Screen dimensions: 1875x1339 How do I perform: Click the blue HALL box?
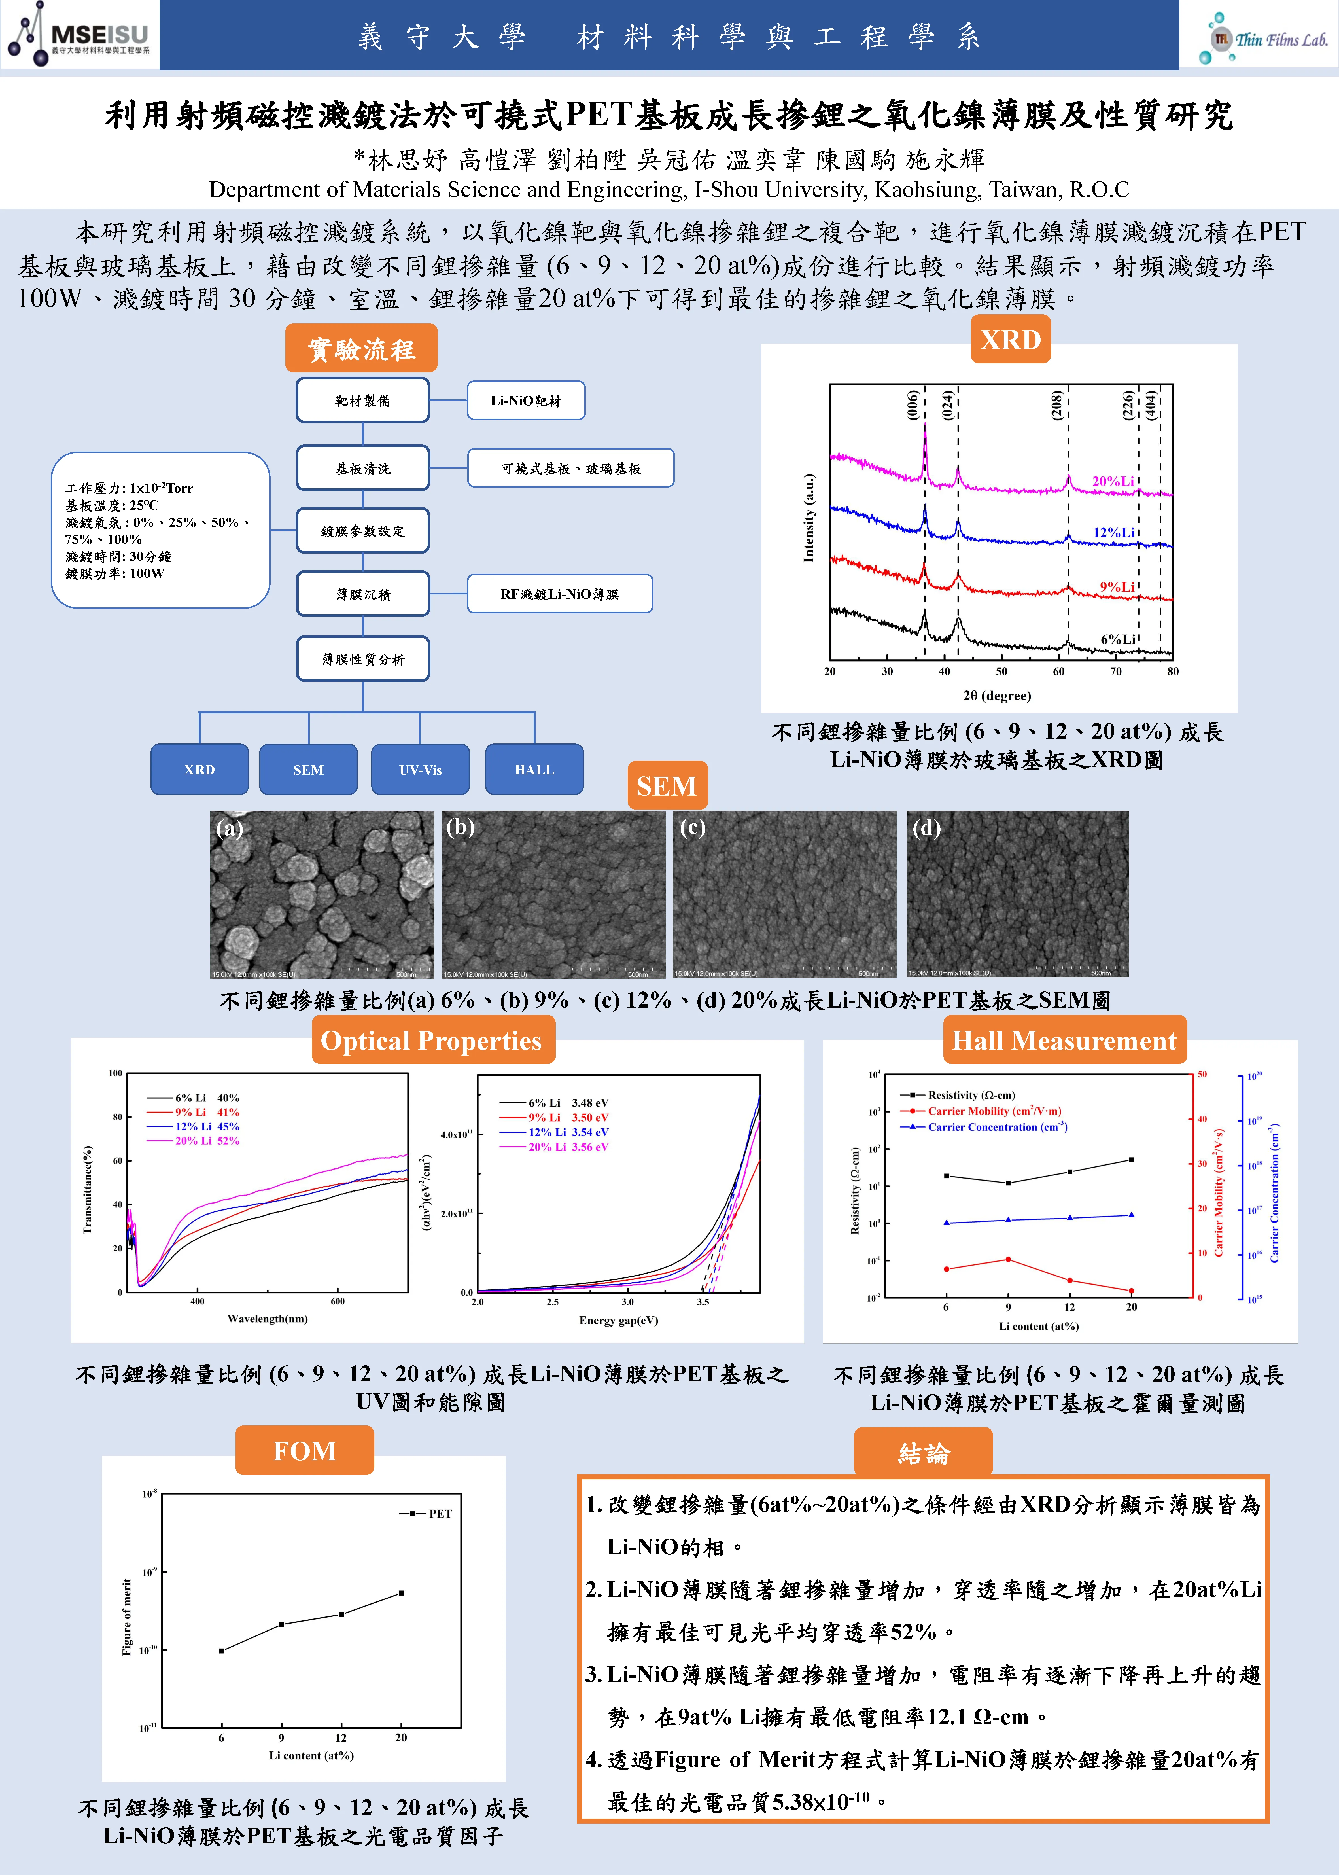[x=534, y=769]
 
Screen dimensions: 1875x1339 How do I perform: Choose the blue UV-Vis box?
[x=421, y=769]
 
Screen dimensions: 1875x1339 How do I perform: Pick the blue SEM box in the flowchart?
[x=308, y=769]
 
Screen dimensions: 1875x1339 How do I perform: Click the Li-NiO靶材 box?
[x=526, y=401]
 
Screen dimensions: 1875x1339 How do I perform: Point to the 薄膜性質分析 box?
[x=363, y=659]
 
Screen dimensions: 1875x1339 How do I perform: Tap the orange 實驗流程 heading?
[x=361, y=349]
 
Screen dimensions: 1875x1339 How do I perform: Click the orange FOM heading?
[x=304, y=1450]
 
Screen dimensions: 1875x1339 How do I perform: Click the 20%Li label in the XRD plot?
[x=1112, y=481]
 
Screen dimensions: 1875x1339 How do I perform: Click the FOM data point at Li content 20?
[x=402, y=1593]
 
